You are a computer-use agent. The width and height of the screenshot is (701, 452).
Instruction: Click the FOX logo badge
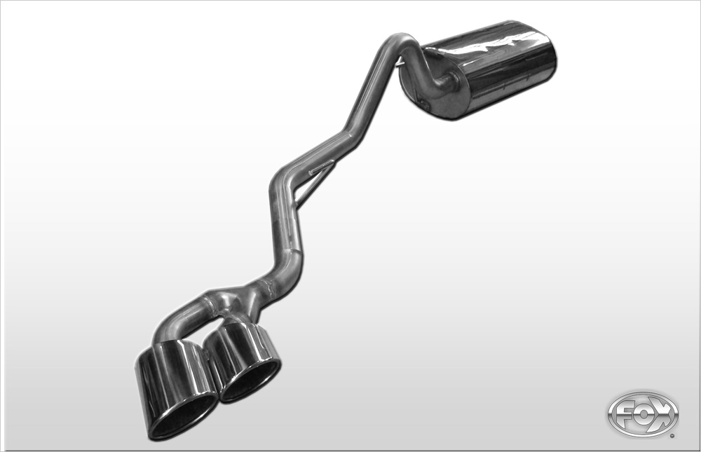tap(642, 414)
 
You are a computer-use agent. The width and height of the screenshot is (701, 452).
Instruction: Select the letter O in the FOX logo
tap(643, 415)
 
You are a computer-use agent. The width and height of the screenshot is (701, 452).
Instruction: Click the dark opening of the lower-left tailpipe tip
tap(181, 415)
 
